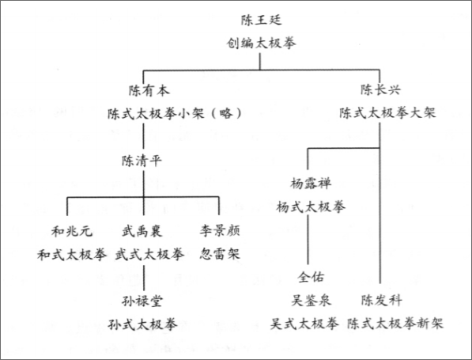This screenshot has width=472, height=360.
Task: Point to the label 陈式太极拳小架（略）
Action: [175, 113]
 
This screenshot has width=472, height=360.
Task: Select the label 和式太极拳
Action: [72, 255]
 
